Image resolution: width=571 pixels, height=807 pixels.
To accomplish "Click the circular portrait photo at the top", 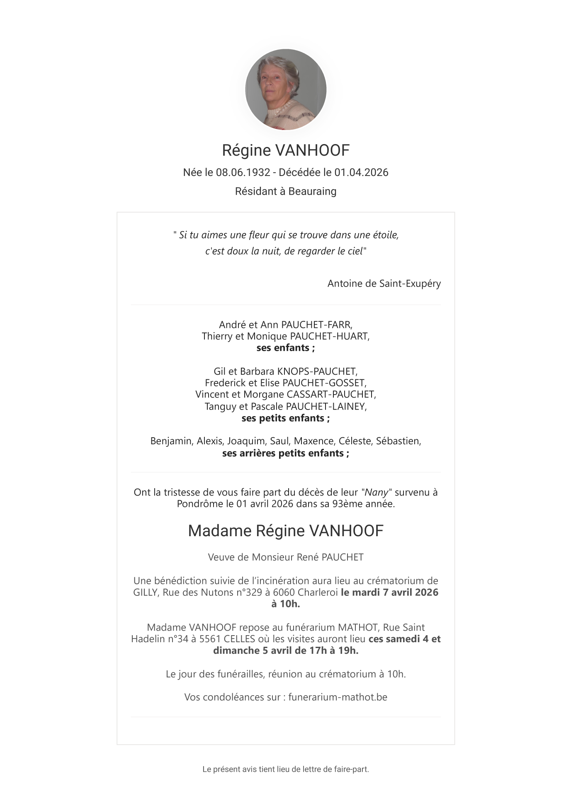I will [x=286, y=89].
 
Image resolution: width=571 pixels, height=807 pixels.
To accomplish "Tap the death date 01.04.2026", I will [x=361, y=172].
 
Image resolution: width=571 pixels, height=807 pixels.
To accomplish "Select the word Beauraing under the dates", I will [x=312, y=191].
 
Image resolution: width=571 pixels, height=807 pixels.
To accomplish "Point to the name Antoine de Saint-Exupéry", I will [x=384, y=284].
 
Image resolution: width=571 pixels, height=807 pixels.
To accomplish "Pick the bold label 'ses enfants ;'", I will [x=285, y=348].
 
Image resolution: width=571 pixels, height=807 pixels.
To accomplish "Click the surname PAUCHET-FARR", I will [x=316, y=324].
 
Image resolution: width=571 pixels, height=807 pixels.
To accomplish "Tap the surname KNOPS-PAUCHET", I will [x=317, y=371].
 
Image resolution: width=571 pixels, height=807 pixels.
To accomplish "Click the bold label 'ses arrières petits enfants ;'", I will [x=285, y=453].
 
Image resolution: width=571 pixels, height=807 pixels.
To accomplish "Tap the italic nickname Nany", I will [x=377, y=492].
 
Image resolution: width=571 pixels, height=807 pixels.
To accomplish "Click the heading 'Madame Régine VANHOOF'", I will [x=285, y=531].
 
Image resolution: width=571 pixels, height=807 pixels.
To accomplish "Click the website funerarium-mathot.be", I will [x=338, y=697].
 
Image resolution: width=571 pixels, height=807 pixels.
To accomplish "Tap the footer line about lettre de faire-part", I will [x=285, y=769].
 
